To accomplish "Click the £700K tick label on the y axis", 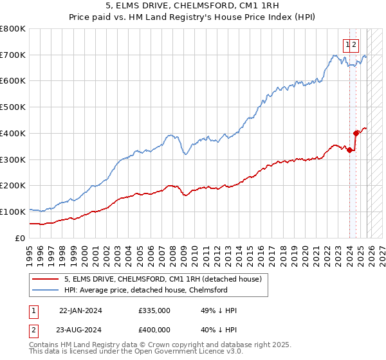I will tap(13, 55).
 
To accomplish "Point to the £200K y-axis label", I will tap(13, 186).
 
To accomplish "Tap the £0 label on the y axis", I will tap(21, 238).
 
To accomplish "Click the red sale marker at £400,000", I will tap(356, 133).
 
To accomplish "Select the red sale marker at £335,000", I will tap(349, 150).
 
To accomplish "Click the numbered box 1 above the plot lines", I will tap(347, 44).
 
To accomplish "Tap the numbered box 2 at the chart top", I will tap(354, 44).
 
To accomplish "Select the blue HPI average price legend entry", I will tap(145, 291).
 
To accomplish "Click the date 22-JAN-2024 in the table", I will tap(80, 310).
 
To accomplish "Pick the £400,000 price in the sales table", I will tap(154, 330).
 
